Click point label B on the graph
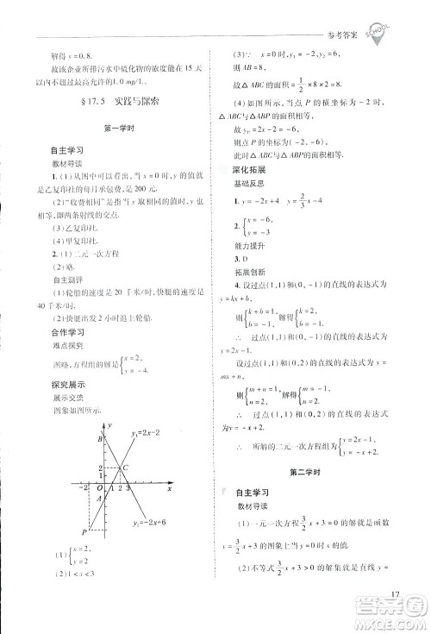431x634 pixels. [102, 439]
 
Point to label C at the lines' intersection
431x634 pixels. [127, 468]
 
